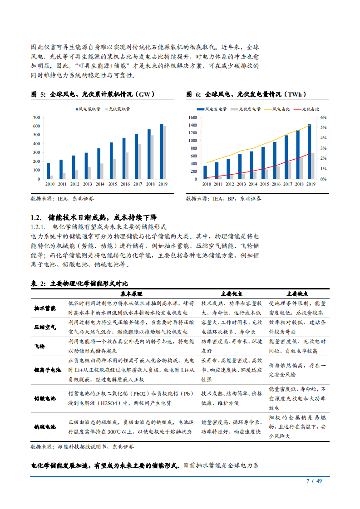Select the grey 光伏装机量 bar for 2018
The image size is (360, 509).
(x=152, y=157)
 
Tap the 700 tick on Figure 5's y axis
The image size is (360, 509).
(x=37, y=117)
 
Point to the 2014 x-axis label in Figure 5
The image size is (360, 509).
(x=100, y=184)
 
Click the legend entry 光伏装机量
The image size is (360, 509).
(x=119, y=109)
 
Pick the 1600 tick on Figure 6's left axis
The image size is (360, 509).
(x=192, y=117)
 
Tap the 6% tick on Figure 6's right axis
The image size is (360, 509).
(x=323, y=117)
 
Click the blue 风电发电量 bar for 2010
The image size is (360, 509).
(x=205, y=172)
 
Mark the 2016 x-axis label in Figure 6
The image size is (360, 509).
(x=276, y=184)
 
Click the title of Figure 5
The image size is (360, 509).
(x=93, y=94)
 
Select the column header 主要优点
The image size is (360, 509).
(x=232, y=294)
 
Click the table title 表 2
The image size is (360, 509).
(x=39, y=284)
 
